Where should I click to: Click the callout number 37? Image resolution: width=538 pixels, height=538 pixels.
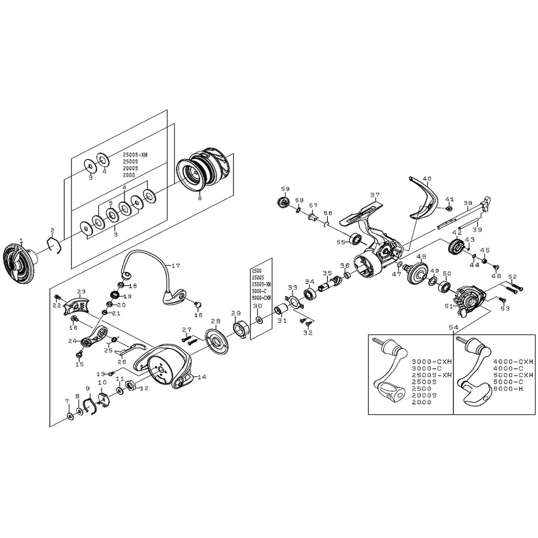[x=375, y=195]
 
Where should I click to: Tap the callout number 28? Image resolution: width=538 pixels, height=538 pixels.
[x=215, y=322]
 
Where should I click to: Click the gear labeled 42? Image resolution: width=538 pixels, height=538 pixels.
[x=456, y=246]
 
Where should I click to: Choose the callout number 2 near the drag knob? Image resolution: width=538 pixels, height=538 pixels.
[x=53, y=231]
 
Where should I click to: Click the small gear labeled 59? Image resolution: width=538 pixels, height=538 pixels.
[x=283, y=202]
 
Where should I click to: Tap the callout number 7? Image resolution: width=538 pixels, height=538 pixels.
[x=67, y=401]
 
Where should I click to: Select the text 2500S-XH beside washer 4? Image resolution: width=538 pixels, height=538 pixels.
[x=136, y=155]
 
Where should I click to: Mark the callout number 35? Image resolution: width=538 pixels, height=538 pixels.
[x=327, y=273]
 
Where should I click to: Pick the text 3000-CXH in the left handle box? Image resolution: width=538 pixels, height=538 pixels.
[x=425, y=361]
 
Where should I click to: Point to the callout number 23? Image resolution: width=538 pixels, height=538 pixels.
[x=81, y=292]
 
